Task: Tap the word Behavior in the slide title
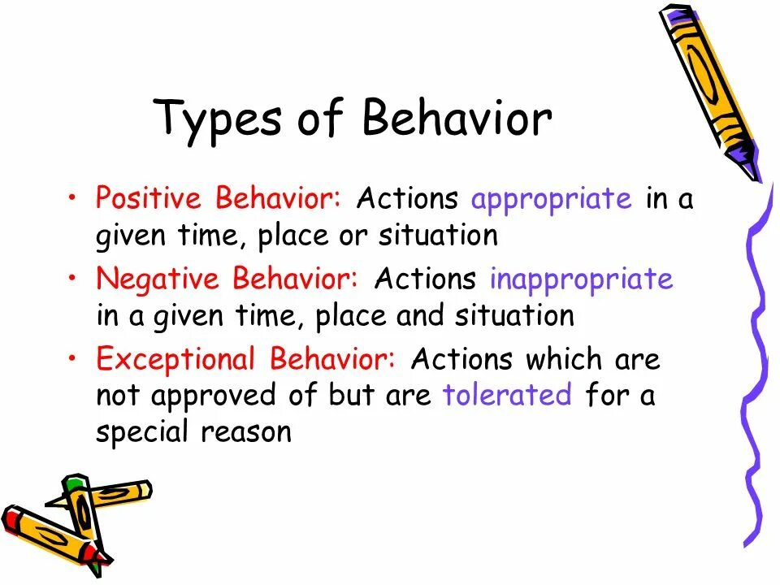(457, 118)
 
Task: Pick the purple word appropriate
(551, 200)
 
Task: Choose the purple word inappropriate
(581, 279)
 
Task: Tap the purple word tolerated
(508, 395)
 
